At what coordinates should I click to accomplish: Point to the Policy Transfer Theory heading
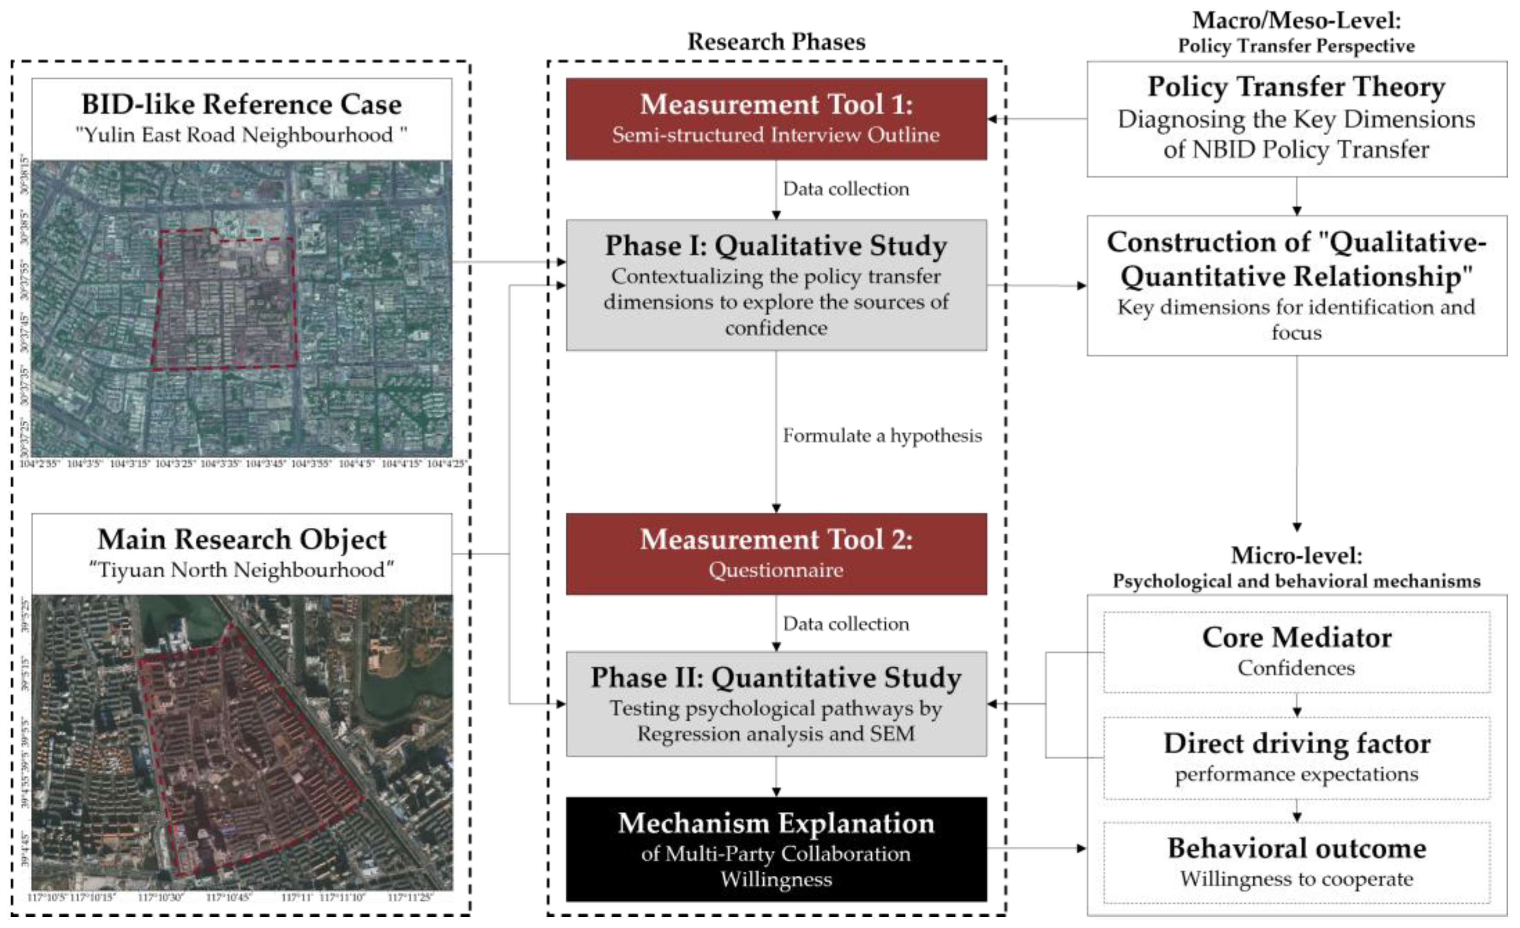pyautogui.click(x=1296, y=86)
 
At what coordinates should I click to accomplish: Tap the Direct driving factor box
pyautogui.click(x=1296, y=758)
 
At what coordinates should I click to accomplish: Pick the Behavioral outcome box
pyautogui.click(x=1296, y=862)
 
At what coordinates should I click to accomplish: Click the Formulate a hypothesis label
pyautogui.click(x=881, y=436)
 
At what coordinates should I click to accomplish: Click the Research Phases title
pyautogui.click(x=776, y=42)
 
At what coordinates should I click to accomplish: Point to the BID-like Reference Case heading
pyautogui.click(x=241, y=104)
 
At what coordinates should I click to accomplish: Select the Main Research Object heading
pyautogui.click(x=241, y=539)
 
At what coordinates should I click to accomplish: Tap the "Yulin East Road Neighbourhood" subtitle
pyautogui.click(x=241, y=134)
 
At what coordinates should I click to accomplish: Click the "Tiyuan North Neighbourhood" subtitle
pyautogui.click(x=241, y=570)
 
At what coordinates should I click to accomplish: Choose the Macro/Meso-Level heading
pyautogui.click(x=1296, y=20)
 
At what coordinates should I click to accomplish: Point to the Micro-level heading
pyautogui.click(x=1296, y=555)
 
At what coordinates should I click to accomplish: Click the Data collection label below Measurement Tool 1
pyautogui.click(x=846, y=189)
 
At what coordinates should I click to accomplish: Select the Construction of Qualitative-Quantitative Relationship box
pyautogui.click(x=1296, y=285)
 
